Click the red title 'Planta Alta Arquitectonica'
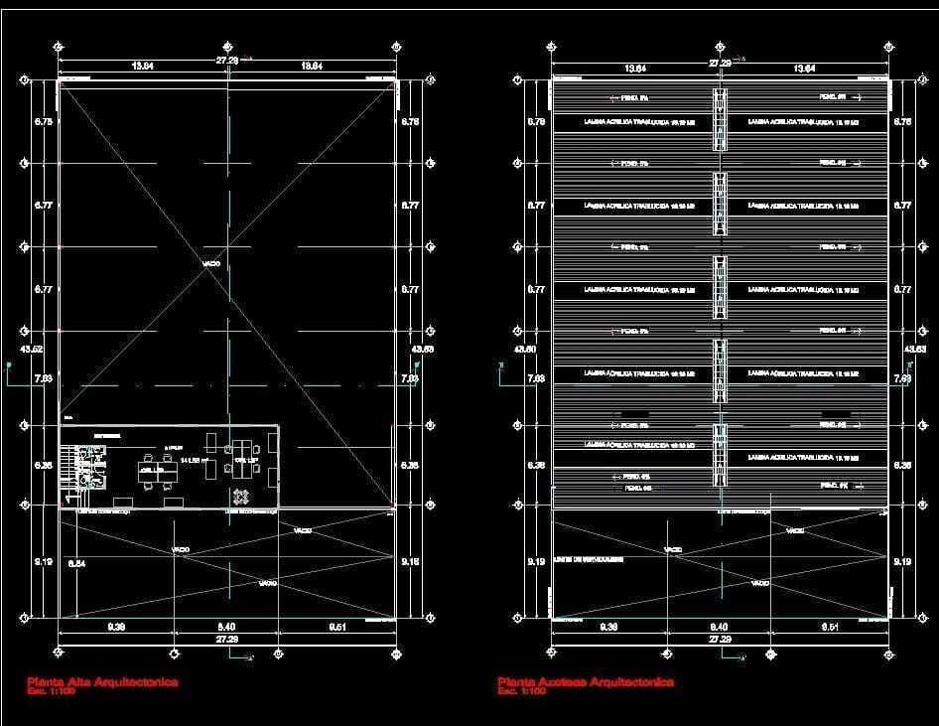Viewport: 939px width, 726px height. (102, 682)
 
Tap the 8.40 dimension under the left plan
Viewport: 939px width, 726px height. (226, 627)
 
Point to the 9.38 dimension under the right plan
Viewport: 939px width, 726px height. (609, 627)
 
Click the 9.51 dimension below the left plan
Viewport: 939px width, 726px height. (339, 627)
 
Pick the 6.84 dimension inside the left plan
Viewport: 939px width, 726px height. (76, 563)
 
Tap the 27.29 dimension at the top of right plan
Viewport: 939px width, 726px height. (720, 63)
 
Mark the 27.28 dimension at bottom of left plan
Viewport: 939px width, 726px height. (226, 640)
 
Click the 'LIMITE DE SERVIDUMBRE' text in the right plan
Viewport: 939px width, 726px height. (590, 559)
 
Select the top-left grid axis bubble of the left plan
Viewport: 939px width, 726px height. (59, 46)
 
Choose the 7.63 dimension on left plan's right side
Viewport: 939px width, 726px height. (410, 378)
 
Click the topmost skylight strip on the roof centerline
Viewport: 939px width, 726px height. (720, 119)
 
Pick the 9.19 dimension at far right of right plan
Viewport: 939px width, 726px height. (902, 562)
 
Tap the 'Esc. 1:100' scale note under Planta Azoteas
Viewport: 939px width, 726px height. (522, 691)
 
